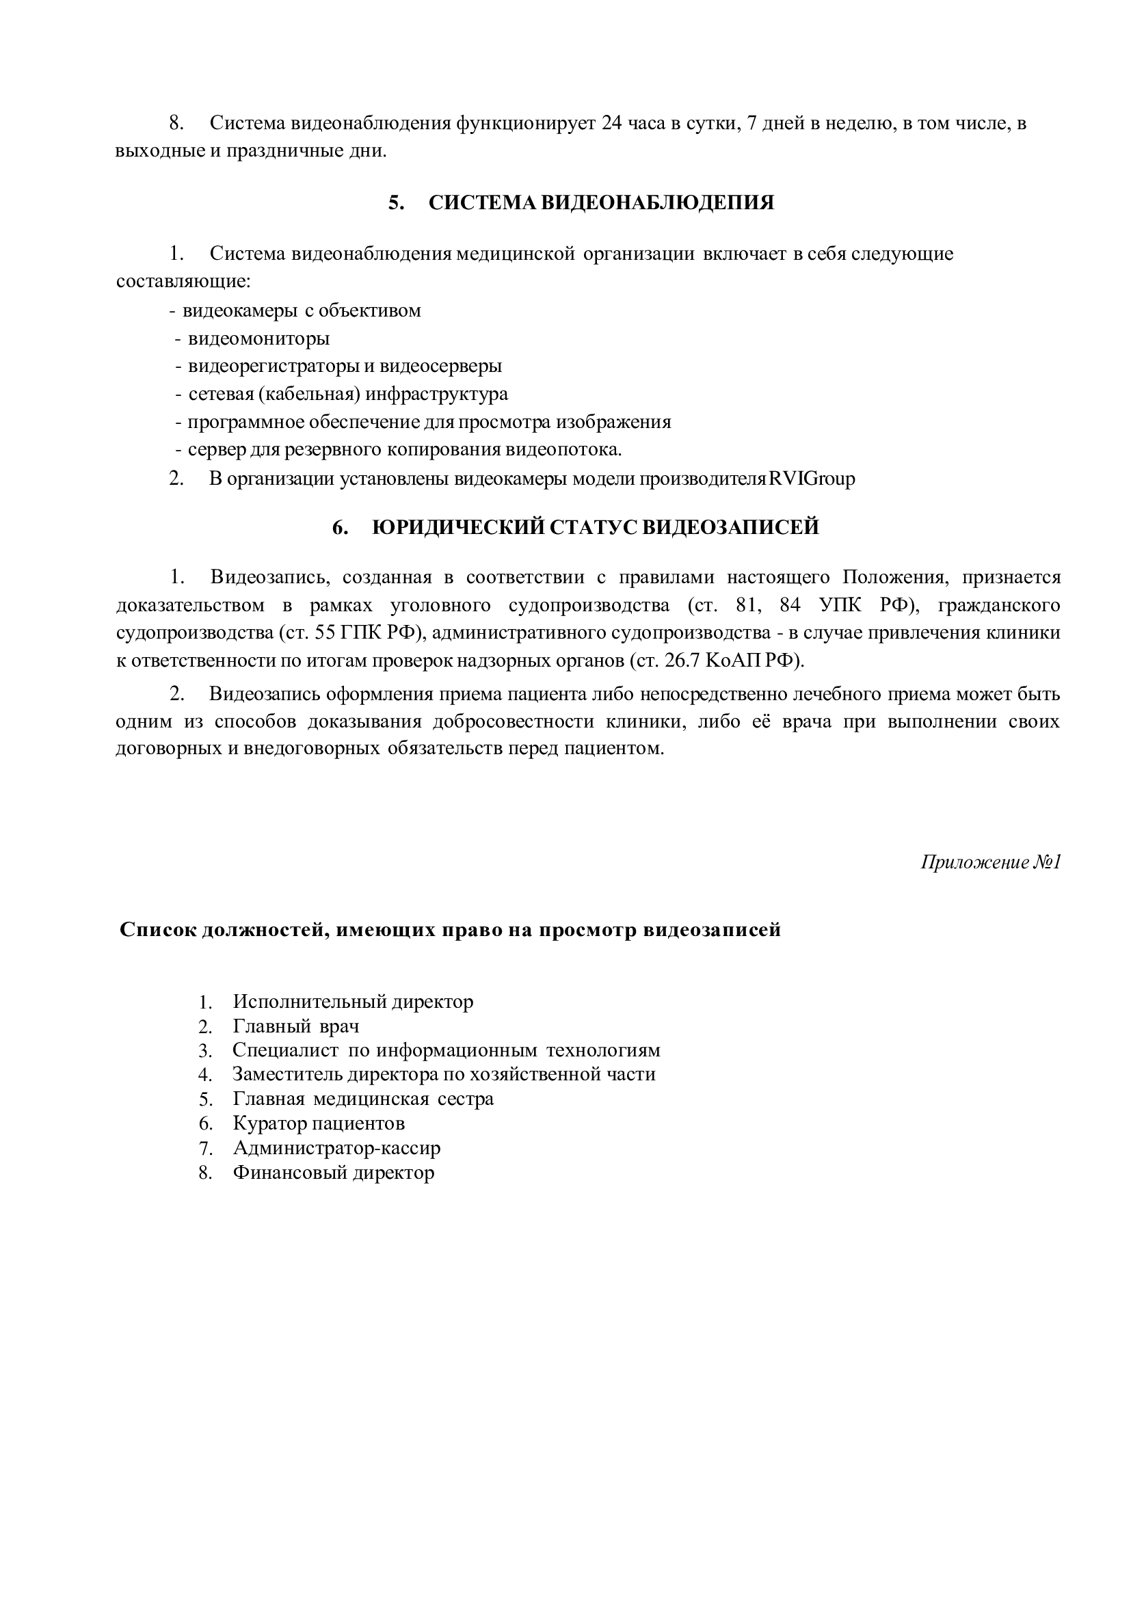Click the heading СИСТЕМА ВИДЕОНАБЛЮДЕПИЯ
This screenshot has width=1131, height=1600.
(x=600, y=203)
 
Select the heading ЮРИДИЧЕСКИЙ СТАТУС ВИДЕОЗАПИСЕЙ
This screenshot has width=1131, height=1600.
(x=595, y=528)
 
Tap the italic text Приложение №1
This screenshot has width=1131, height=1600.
(x=989, y=862)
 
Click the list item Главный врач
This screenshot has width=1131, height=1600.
(x=295, y=1026)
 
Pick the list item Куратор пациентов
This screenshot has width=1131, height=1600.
(x=319, y=1123)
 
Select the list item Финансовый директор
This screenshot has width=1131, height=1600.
(x=333, y=1172)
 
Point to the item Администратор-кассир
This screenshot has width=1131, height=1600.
(x=336, y=1148)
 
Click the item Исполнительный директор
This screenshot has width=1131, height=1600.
(x=353, y=1002)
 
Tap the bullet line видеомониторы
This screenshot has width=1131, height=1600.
(x=258, y=338)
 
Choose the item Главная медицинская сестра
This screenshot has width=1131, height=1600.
(x=362, y=1099)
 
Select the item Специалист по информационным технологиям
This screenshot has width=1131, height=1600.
(x=446, y=1050)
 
